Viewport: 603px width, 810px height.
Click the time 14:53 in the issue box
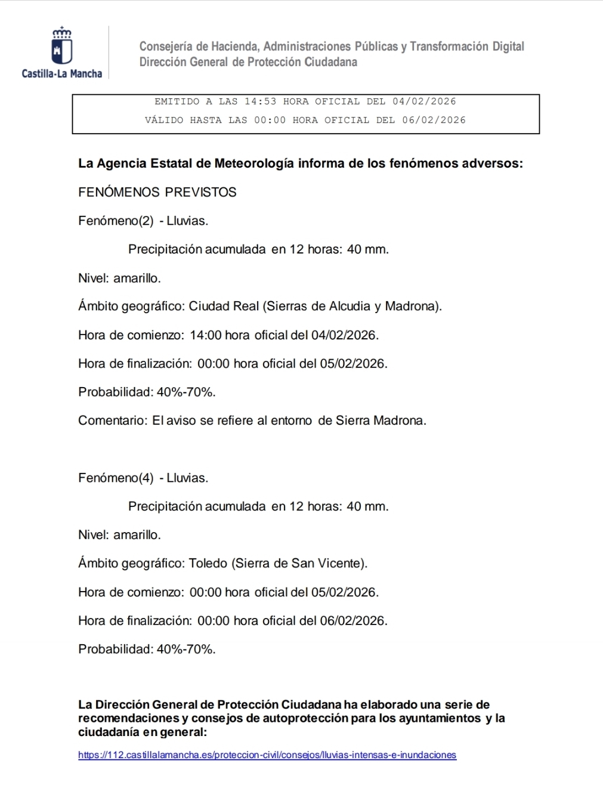coord(260,101)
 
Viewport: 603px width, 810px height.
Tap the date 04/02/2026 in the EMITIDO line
coord(424,101)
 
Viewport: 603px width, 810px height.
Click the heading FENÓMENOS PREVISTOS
coord(157,192)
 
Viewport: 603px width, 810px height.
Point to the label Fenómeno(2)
coord(116,221)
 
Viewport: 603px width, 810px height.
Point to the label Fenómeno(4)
coord(116,478)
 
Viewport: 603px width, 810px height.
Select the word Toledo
coord(208,563)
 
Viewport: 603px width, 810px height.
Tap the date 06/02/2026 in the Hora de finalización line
coord(352,620)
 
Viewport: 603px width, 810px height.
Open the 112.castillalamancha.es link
coord(267,755)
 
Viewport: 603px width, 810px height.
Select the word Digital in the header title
coord(508,47)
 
